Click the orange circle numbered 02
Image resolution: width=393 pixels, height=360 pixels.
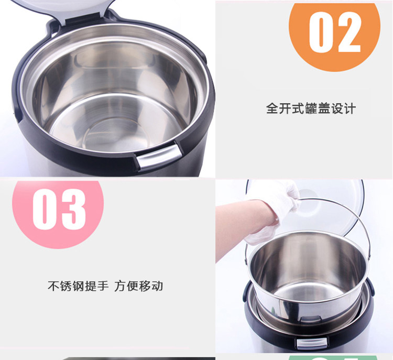click(334, 35)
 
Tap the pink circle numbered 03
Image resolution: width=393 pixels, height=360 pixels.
click(58, 213)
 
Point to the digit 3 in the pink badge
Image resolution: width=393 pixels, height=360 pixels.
click(73, 209)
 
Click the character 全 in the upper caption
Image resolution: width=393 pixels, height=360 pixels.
click(272, 108)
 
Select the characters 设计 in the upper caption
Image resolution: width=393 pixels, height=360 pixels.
click(343, 108)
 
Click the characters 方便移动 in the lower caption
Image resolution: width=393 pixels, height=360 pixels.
click(139, 286)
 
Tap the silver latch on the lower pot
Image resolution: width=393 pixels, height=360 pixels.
click(312, 343)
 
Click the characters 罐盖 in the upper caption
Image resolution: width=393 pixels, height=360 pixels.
click(317, 108)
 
